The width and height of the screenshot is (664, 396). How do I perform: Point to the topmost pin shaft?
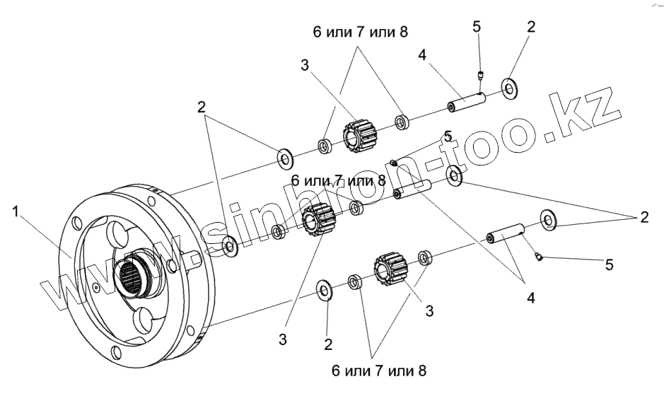pyautogui.click(x=464, y=102)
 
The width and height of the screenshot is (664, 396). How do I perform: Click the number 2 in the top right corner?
pyautogui.click(x=531, y=27)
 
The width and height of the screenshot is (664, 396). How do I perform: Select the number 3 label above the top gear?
pyautogui.click(x=304, y=65)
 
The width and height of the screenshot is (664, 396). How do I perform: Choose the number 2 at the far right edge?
pyautogui.click(x=643, y=218)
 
